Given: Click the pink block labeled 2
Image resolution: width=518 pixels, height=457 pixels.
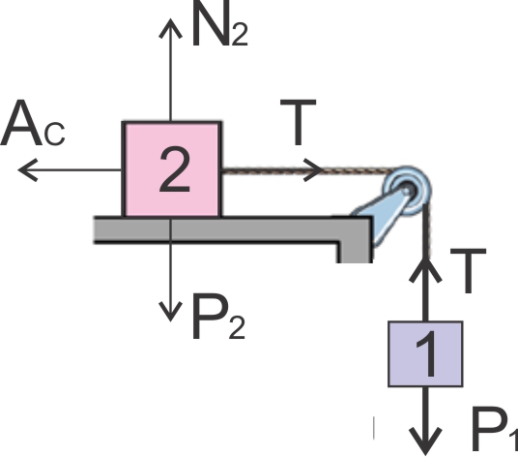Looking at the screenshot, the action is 171,169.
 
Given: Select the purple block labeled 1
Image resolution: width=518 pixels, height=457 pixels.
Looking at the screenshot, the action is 425,353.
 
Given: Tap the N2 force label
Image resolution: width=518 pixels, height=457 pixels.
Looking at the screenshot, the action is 219,23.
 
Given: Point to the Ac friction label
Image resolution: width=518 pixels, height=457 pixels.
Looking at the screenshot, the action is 33,123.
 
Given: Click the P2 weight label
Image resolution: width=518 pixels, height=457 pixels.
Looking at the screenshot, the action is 218,316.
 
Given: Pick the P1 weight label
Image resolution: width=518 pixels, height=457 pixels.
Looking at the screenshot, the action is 494,429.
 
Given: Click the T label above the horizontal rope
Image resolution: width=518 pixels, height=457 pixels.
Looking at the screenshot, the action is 299,122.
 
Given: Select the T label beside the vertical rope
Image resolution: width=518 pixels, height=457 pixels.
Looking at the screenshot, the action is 469,271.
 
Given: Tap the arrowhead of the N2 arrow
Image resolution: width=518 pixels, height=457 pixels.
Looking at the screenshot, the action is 170,28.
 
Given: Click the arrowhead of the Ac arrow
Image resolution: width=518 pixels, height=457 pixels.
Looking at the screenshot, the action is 27,170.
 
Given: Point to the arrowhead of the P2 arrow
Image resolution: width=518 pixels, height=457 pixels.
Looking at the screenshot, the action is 170,312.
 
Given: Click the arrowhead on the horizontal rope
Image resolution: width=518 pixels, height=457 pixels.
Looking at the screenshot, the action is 313,170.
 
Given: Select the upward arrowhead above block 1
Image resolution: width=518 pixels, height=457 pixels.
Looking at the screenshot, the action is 425,270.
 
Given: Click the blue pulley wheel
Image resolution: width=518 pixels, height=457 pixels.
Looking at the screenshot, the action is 408,191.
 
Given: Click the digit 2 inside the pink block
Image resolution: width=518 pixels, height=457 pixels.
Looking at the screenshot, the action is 175,169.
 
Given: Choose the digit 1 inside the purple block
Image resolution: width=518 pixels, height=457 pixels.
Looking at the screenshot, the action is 426,353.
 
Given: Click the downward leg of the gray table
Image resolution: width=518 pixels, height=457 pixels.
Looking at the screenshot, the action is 355,252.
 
